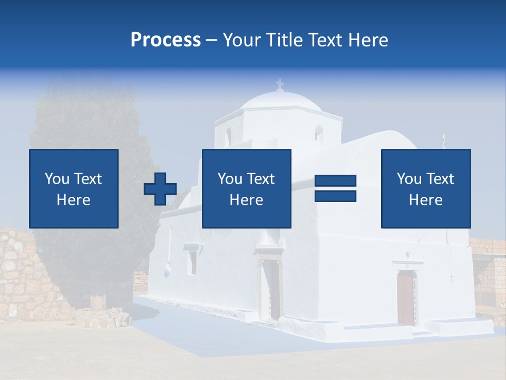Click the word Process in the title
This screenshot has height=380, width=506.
[x=166, y=40]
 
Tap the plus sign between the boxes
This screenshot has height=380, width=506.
[x=160, y=189]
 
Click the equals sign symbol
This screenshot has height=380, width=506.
[x=335, y=188]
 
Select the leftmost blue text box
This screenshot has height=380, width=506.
[x=74, y=188]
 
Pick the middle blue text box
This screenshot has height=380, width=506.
[x=246, y=188]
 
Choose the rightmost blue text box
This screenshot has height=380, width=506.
[x=425, y=188]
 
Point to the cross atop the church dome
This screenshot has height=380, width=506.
[x=279, y=84]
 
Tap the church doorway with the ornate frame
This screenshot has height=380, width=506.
[x=272, y=288]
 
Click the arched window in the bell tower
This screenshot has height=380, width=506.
[x=319, y=133]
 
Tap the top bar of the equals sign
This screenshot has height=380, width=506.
[x=335, y=181]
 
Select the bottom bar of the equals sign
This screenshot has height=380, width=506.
[x=335, y=196]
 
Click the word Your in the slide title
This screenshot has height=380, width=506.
[x=244, y=40]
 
